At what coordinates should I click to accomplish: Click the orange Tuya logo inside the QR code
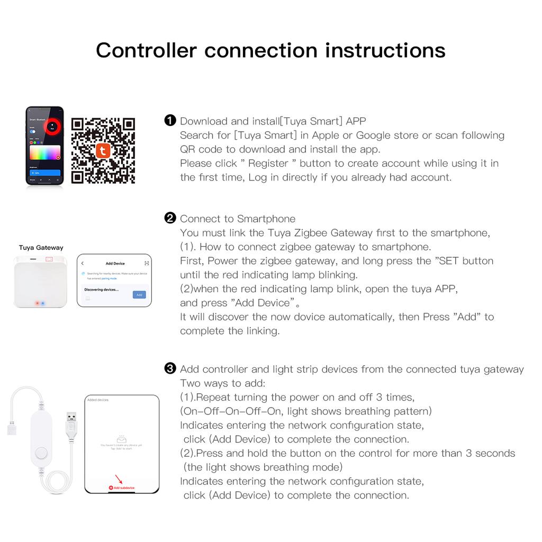tap(103, 151)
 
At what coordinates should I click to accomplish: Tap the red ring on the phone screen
tap(52, 125)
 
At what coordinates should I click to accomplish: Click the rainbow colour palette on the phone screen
tap(45, 153)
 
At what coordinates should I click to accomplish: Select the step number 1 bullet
tap(170, 121)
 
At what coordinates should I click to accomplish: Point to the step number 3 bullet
tap(170, 369)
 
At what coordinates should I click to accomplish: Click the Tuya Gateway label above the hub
tap(41, 248)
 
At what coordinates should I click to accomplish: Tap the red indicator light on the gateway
tap(37, 303)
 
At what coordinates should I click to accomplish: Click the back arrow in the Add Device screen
tap(83, 263)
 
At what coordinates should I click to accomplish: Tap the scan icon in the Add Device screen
tap(147, 263)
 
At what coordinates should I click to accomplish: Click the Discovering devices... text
tap(102, 290)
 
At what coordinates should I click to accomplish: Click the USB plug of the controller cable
tap(71, 423)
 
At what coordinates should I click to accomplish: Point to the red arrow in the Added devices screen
tap(119, 479)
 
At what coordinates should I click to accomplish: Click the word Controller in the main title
tap(146, 50)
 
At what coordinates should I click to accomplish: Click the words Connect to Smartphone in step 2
tap(238, 219)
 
